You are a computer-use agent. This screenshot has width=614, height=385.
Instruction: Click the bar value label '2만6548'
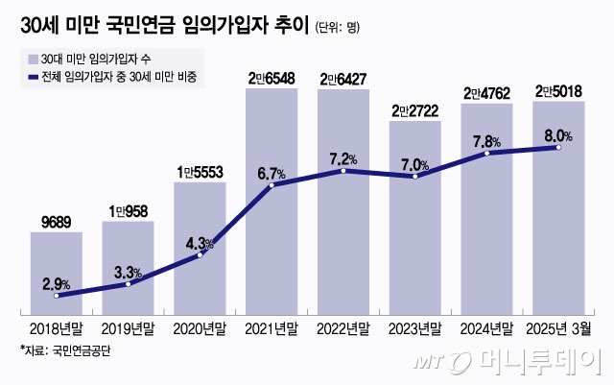point(272,78)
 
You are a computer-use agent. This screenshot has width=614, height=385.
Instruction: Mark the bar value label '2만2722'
point(414,111)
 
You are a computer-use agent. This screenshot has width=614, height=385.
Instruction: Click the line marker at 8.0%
point(558,147)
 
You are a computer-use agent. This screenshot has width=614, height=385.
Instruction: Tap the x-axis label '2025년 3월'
point(558,328)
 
